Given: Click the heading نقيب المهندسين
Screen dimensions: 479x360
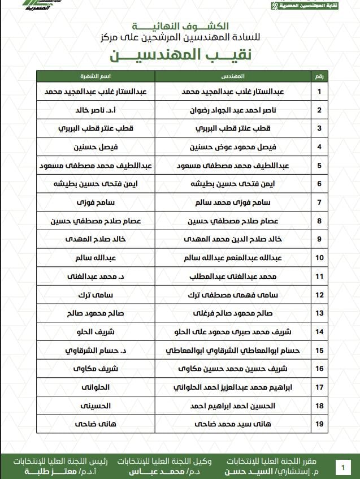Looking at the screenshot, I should tap(180, 55).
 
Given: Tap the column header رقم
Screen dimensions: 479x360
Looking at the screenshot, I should tap(319, 75).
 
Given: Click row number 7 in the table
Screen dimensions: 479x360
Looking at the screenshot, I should tap(319, 202).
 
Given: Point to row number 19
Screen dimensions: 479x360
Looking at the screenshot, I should tap(319, 422).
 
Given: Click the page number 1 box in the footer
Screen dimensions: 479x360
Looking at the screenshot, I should tap(342, 467).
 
